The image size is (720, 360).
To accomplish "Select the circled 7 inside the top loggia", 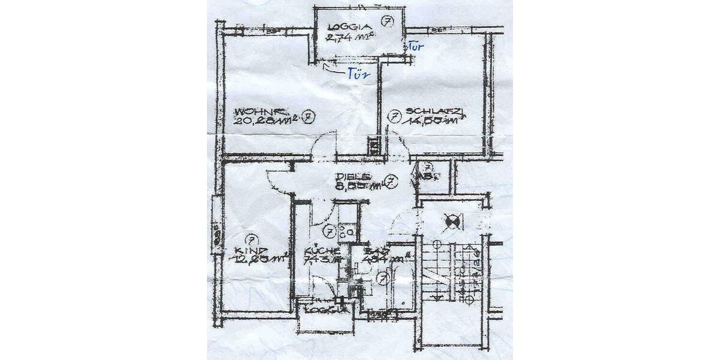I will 388,23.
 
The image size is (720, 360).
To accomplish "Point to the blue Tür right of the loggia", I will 416,46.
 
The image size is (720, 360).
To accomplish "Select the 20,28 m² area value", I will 263,119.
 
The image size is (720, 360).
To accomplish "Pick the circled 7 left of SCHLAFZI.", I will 394,116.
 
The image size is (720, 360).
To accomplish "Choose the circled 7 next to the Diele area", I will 391,181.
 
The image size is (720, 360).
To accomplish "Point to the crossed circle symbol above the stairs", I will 452,223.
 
